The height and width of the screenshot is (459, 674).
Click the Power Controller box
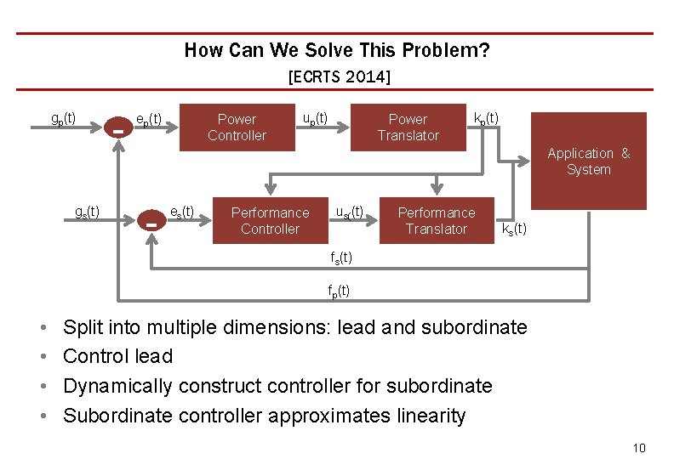[x=237, y=127]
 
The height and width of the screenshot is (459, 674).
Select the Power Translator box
[x=408, y=127]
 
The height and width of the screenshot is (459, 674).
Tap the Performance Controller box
[x=270, y=220]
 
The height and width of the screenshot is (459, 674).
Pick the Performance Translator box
[x=436, y=220]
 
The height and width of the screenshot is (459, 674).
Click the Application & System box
[x=589, y=161]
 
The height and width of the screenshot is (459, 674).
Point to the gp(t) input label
[x=63, y=117]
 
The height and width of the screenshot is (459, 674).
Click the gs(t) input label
[x=86, y=211]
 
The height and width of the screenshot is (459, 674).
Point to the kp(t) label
[x=486, y=117]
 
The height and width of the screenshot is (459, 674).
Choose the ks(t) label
[x=514, y=229]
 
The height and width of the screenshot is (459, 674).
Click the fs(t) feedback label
[x=340, y=258]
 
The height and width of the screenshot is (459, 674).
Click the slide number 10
[x=639, y=448]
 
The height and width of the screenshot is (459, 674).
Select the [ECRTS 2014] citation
[x=339, y=77]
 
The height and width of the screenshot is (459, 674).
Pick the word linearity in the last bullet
[x=427, y=416]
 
